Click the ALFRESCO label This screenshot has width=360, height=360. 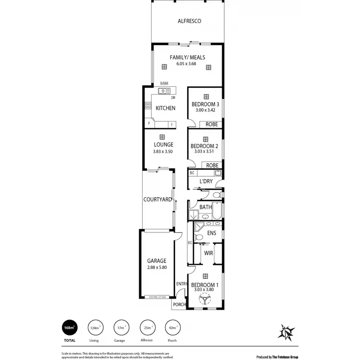[189, 21]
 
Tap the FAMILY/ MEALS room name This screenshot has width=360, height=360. [188, 58]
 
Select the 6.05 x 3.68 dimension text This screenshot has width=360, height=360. [188, 64]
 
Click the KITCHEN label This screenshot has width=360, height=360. [165, 108]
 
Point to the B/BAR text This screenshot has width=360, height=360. [164, 83]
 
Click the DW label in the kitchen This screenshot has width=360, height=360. [173, 97]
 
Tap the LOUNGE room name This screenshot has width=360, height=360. [163, 144]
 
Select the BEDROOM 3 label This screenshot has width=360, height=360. [205, 104]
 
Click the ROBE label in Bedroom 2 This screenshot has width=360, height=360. [212, 165]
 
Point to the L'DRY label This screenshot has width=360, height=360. [206, 181]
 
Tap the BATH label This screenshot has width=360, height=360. [205, 207]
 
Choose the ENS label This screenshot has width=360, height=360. [212, 233]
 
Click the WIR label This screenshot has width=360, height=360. [208, 252]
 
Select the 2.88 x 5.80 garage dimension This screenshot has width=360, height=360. [157, 267]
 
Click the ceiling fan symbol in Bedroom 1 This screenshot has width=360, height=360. [206, 300]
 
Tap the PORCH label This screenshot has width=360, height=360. [180, 304]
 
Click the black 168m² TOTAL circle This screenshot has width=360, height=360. [69, 328]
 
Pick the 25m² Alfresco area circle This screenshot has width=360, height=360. [146, 328]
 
